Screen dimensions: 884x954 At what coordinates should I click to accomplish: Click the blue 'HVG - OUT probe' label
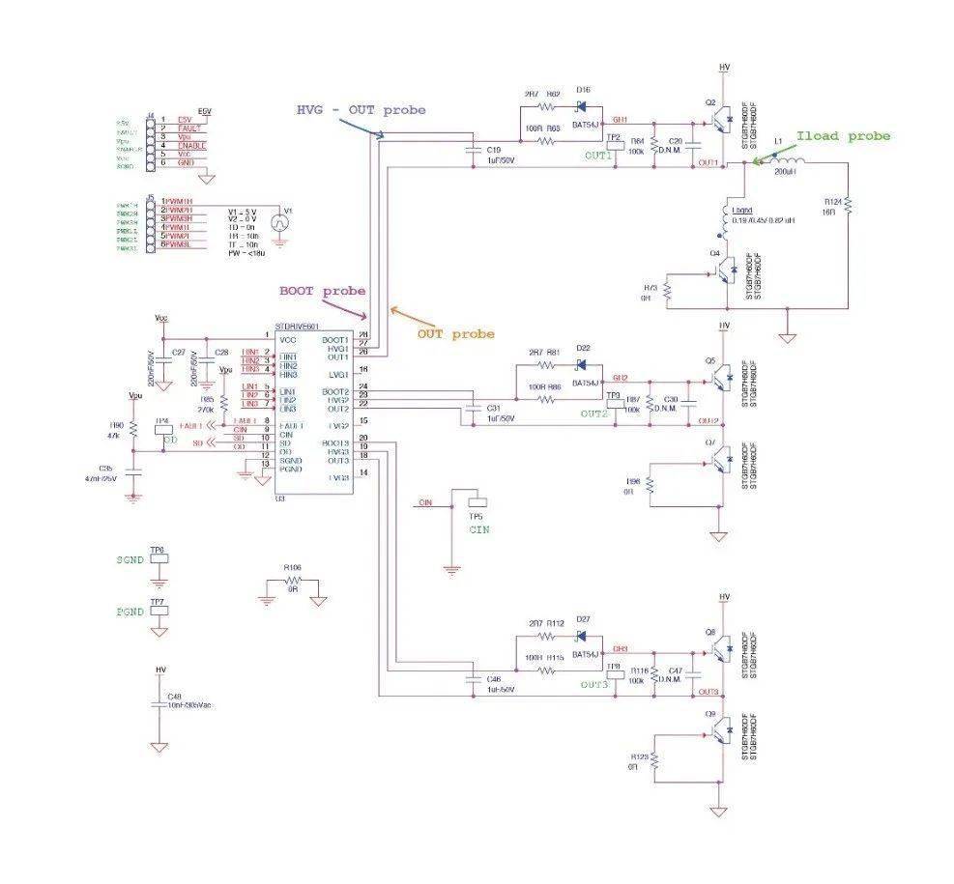pos(360,109)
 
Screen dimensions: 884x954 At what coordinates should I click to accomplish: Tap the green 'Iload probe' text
pos(843,136)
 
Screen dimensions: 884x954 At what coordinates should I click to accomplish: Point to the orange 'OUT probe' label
pos(455,333)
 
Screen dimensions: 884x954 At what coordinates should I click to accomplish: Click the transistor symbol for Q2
pos(717,121)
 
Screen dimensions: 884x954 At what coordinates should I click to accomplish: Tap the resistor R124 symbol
pos(848,206)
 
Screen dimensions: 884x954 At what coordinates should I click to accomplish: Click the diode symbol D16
pos(583,106)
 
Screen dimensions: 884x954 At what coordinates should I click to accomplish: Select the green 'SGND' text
pos(129,560)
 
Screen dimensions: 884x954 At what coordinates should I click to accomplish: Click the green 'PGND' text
pos(129,612)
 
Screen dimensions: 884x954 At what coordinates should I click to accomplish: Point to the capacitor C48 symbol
pos(159,705)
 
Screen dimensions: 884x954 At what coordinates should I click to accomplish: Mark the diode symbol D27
pos(582,635)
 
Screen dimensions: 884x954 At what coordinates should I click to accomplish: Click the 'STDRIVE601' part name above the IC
pos(297,327)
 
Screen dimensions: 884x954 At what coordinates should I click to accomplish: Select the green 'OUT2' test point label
pos(594,413)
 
